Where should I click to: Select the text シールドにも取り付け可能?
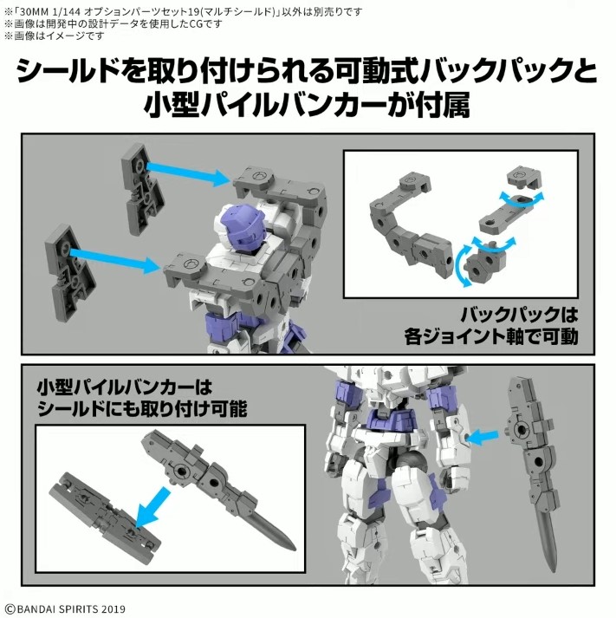(141, 407)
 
